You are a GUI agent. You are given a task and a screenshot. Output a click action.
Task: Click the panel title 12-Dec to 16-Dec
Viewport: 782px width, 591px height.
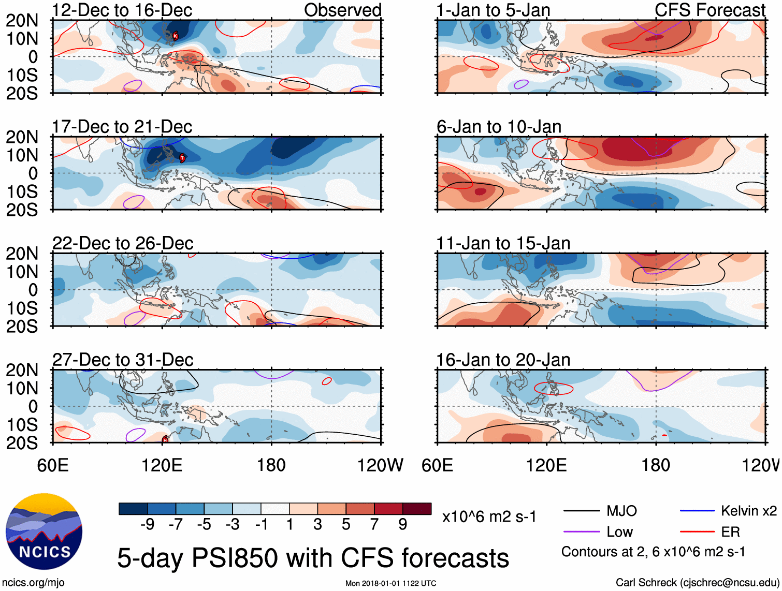[122, 10]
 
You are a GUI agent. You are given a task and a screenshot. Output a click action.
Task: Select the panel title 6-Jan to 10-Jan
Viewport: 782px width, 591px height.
[499, 127]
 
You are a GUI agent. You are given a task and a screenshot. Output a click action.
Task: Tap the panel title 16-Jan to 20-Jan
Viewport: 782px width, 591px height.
[503, 360]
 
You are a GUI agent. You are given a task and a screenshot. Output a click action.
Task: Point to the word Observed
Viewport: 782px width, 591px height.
[342, 10]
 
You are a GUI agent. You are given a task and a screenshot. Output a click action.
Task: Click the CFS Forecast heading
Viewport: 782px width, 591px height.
[709, 10]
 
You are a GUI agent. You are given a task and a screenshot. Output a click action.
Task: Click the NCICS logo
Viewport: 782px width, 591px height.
[44, 531]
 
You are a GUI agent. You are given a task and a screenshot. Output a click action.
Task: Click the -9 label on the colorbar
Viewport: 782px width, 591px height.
[147, 525]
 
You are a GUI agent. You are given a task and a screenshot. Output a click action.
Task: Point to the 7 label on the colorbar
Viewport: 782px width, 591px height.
[374, 525]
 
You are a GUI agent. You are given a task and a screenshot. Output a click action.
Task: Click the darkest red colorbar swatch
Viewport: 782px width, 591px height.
[417, 509]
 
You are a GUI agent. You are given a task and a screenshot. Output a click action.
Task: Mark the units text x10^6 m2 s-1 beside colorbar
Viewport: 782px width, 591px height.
[489, 516]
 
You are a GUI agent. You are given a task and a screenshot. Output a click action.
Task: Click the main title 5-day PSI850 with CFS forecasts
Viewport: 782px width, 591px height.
[313, 558]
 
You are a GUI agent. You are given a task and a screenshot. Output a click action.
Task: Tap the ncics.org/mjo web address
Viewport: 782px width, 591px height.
[34, 583]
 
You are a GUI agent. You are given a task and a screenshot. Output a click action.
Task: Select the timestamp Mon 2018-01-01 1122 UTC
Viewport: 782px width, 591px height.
[390, 583]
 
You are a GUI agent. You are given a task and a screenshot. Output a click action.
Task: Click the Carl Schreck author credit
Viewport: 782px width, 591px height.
[697, 583]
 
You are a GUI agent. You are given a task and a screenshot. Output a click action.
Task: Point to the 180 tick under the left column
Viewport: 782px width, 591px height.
[271, 465]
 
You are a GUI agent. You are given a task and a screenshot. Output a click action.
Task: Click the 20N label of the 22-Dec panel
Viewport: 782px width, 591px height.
[22, 254]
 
